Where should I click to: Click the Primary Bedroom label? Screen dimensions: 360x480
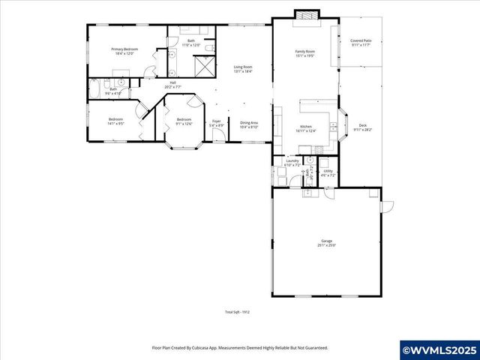pyautogui.click(x=124, y=49)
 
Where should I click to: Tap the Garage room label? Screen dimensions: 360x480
pyautogui.click(x=326, y=241)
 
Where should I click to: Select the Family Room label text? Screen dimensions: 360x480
pyautogui.click(x=304, y=52)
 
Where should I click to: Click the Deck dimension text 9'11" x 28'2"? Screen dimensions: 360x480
pyautogui.click(x=363, y=129)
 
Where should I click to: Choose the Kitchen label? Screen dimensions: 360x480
pyautogui.click(x=305, y=127)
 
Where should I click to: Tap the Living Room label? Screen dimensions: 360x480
pyautogui.click(x=242, y=67)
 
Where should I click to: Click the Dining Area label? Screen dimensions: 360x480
pyautogui.click(x=249, y=123)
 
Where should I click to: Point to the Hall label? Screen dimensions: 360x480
pyautogui.click(x=172, y=82)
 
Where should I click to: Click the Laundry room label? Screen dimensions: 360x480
pyautogui.click(x=292, y=160)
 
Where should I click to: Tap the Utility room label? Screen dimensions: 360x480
pyautogui.click(x=328, y=171)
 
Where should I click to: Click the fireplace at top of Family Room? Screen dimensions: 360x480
pyautogui.click(x=305, y=14)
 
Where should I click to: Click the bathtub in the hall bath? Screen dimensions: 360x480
pyautogui.click(x=95, y=88)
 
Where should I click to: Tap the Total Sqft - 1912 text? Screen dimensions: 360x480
pyautogui.click(x=237, y=312)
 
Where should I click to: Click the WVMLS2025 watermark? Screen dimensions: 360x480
pyautogui.click(x=439, y=350)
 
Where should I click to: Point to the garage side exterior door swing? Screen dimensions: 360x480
pyautogui.click(x=387, y=206)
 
